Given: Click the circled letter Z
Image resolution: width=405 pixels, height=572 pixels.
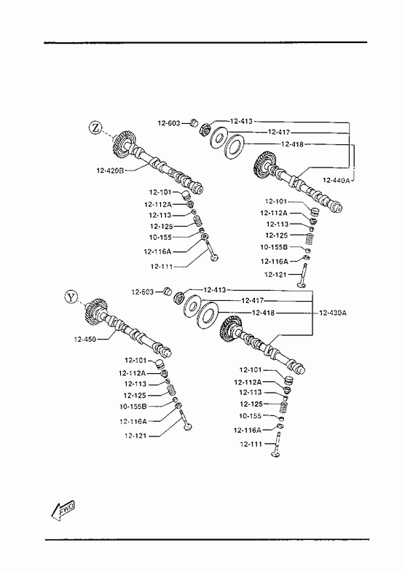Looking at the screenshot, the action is pos(95,128).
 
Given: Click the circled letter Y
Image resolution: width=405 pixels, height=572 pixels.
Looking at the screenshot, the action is pos(71,297).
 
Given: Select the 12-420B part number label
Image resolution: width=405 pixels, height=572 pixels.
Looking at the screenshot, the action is pos(110,171).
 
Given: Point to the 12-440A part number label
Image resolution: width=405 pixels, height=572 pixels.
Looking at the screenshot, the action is pos(336,180).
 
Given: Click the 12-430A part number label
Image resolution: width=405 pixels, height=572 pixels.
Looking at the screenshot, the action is pos(332,313).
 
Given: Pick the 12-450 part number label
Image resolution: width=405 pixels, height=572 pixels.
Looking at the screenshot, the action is pos(85,340).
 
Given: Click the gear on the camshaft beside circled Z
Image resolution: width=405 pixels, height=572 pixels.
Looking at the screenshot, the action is pos(123,144).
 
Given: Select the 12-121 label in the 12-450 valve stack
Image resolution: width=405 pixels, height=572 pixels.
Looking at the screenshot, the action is pos(135,436).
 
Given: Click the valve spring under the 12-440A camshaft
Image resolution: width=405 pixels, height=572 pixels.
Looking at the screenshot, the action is pos(309,240).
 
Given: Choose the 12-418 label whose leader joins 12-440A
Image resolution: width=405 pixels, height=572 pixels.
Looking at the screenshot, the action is pos(292,144).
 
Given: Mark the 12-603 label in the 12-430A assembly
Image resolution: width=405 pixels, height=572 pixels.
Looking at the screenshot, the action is pos(143,292).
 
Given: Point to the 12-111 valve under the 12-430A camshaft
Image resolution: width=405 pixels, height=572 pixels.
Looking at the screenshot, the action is pos(277,444).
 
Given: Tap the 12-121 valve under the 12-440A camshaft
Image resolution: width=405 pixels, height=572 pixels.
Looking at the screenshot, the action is pos(303,275).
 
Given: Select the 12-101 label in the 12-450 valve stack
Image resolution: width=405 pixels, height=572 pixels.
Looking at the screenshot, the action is pos(135,361).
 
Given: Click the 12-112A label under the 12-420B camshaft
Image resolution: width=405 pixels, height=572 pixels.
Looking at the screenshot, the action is pos(158,204).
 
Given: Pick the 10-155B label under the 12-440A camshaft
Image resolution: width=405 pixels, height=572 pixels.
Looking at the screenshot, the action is pos(274,247).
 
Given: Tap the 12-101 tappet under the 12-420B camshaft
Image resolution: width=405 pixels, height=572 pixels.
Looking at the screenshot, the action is pos(186,193).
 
